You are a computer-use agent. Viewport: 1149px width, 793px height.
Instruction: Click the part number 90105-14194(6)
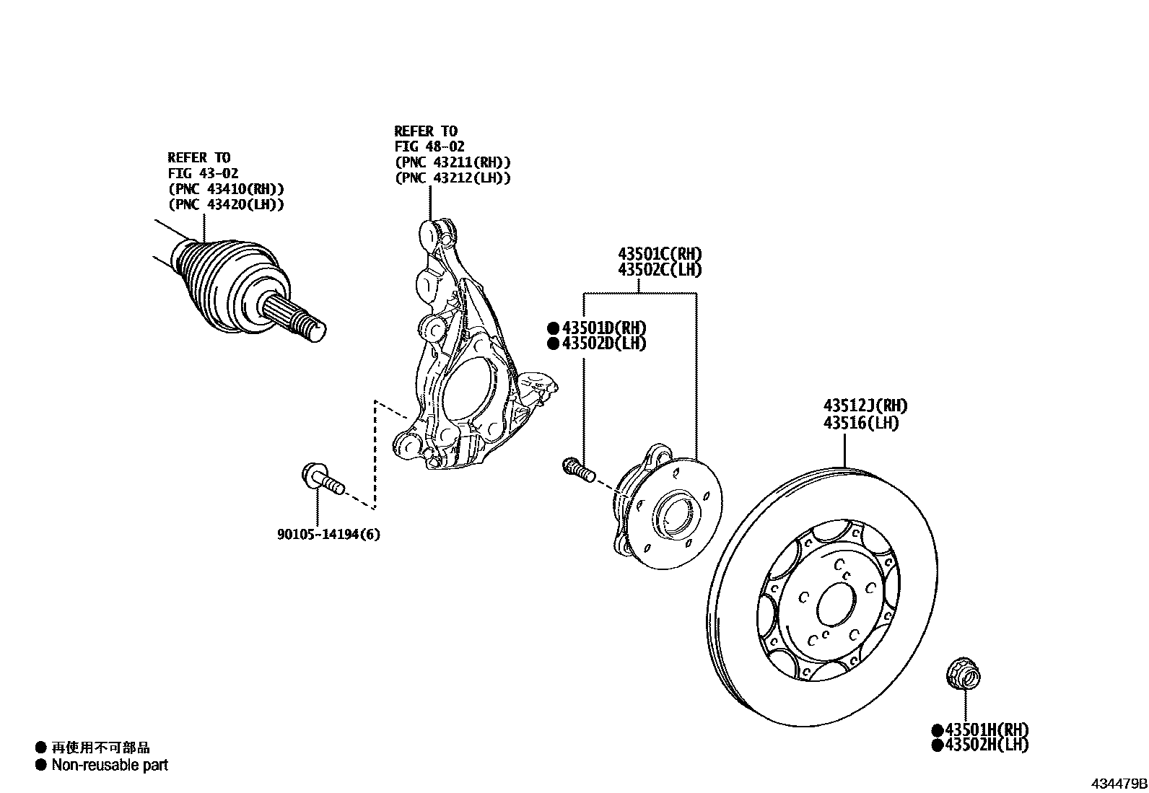point(328,535)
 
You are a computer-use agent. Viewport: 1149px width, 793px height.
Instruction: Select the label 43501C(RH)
point(660,254)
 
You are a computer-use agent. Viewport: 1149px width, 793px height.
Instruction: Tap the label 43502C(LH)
point(660,270)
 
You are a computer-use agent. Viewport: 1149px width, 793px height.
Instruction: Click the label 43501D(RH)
point(604,328)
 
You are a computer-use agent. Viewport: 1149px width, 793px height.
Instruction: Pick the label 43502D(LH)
point(604,343)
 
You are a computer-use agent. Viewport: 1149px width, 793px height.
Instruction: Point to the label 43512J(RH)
point(866,406)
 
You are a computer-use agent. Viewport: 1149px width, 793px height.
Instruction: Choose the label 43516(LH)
point(861,423)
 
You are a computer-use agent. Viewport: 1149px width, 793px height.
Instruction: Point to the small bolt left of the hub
point(577,469)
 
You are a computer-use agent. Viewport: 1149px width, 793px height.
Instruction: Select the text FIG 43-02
point(203,173)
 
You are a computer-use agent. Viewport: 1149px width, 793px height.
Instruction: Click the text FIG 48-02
point(429,146)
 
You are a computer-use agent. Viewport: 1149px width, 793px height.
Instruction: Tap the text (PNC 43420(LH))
point(226,205)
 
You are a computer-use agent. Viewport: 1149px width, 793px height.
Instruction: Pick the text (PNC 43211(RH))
point(453,162)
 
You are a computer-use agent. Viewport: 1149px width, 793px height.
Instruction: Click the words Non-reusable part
point(110,765)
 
